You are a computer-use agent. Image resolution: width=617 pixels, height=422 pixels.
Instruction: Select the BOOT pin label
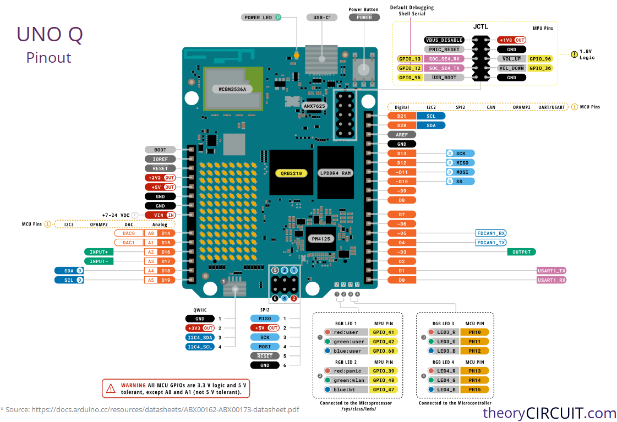coord(160,150)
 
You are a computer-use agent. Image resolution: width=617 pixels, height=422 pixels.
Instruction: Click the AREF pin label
coord(402,135)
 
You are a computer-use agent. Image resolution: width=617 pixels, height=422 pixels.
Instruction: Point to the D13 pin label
coord(402,154)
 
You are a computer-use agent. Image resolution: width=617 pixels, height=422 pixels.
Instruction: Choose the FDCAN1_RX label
coord(491,233)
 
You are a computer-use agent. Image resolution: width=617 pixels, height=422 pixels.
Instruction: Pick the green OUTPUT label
coord(521,252)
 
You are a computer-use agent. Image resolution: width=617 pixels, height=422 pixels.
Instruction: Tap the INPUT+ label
coord(99,252)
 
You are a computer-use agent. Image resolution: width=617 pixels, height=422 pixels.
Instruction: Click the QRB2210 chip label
coord(291,173)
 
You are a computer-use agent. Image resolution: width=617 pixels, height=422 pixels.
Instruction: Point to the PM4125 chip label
coord(321,239)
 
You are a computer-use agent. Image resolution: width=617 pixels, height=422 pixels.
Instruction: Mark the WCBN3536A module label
coord(232,89)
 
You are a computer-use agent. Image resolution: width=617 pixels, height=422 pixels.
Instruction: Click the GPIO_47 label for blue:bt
coord(384,390)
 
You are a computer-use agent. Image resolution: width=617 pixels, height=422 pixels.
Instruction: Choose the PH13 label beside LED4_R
coord(475,371)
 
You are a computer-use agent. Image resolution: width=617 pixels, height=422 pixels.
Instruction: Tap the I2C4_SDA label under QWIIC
coord(200,337)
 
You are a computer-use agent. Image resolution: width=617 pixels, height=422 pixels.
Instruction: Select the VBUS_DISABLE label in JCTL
coord(444,40)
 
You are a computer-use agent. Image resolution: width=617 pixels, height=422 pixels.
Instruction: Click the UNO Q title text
coord(50,35)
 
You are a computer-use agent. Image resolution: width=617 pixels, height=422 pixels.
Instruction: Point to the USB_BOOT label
coord(444,78)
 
